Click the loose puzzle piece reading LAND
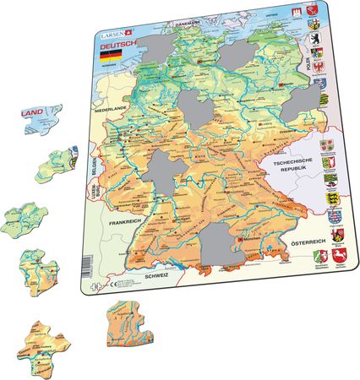[x=41, y=117]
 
